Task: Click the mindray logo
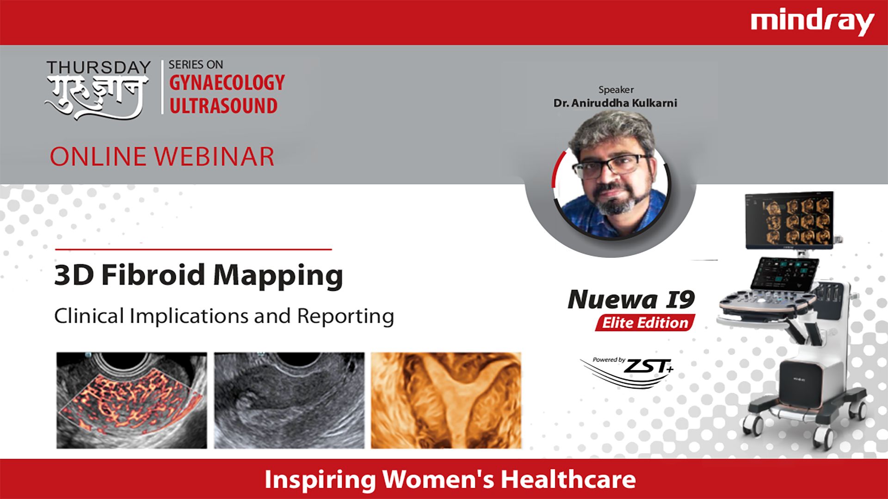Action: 812,23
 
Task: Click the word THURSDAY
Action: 99,67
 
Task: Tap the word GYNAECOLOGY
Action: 227,83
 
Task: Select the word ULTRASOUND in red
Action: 223,106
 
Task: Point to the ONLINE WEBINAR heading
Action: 162,157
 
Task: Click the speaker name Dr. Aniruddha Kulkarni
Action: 615,103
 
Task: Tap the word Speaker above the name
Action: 616,90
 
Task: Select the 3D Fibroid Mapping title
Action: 198,276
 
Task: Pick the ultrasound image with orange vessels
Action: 132,400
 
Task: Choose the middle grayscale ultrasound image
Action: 289,400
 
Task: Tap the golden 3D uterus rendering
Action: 446,400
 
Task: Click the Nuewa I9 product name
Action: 631,300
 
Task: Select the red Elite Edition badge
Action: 645,323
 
